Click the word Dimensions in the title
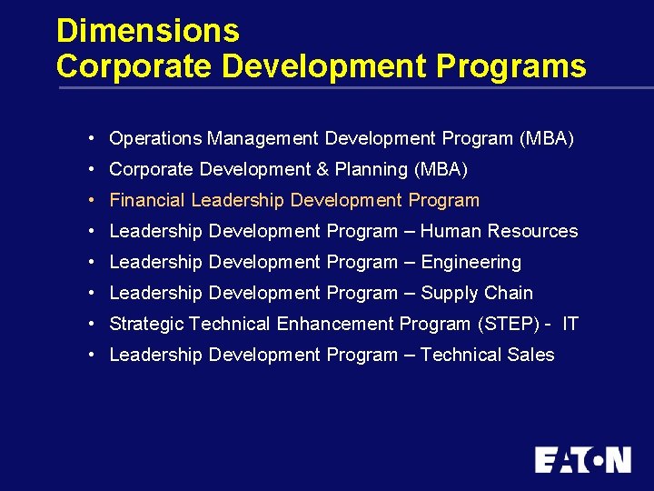pyautogui.click(x=147, y=31)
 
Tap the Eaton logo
pyautogui.click(x=582, y=459)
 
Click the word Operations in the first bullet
pyautogui.click(x=155, y=139)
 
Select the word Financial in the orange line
pyautogui.click(x=147, y=201)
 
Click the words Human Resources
pyautogui.click(x=499, y=232)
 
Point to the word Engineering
pyautogui.click(x=471, y=263)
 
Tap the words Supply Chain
pyautogui.click(x=477, y=294)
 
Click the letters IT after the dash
pyautogui.click(x=570, y=325)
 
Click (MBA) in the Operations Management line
pyautogui.click(x=547, y=139)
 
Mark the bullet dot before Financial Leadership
pyautogui.click(x=94, y=201)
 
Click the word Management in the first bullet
pyautogui.click(x=263, y=139)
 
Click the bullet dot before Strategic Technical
pyautogui.click(x=94, y=325)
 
